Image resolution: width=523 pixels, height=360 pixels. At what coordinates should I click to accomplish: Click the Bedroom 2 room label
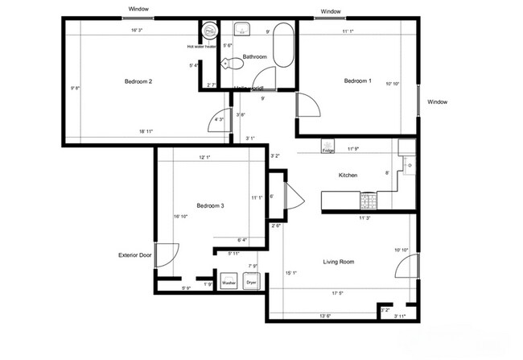[138, 81]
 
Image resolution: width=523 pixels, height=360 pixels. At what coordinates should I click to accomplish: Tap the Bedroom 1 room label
[358, 81]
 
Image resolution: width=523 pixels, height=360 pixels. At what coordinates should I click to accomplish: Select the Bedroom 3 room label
[210, 206]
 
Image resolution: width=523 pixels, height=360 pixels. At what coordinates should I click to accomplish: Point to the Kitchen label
[348, 176]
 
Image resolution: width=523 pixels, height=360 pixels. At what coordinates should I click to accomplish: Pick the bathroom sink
[241, 31]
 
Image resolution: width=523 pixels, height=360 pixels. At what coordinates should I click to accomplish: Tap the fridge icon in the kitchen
[328, 148]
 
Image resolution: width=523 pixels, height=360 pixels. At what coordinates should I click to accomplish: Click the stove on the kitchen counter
[368, 200]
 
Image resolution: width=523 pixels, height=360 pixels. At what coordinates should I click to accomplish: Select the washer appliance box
[229, 283]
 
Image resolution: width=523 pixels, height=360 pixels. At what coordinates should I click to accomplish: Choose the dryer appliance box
[251, 283]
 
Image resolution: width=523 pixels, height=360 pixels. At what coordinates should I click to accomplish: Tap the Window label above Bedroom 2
[138, 9]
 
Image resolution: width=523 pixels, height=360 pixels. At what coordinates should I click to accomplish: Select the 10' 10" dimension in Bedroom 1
[392, 84]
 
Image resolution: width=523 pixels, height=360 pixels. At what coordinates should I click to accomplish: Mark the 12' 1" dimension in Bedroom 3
[208, 157]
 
